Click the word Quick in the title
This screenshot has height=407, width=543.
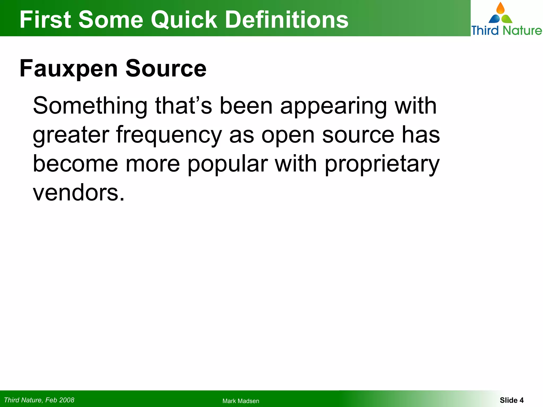184,20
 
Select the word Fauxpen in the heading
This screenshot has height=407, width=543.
69,69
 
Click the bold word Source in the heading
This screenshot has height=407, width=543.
166,69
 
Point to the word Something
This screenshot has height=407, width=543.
90,106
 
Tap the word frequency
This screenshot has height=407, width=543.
169,135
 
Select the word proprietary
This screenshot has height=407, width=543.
382,164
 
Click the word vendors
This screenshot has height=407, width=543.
78,193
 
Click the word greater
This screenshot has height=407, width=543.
71,135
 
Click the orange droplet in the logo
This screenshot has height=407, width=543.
500,8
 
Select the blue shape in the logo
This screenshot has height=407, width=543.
494,19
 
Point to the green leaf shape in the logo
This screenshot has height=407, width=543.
507,19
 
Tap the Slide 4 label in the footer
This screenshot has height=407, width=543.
511,400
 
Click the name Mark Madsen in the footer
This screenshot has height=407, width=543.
241,401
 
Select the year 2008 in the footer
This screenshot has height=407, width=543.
67,400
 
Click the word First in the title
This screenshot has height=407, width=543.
45,20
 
